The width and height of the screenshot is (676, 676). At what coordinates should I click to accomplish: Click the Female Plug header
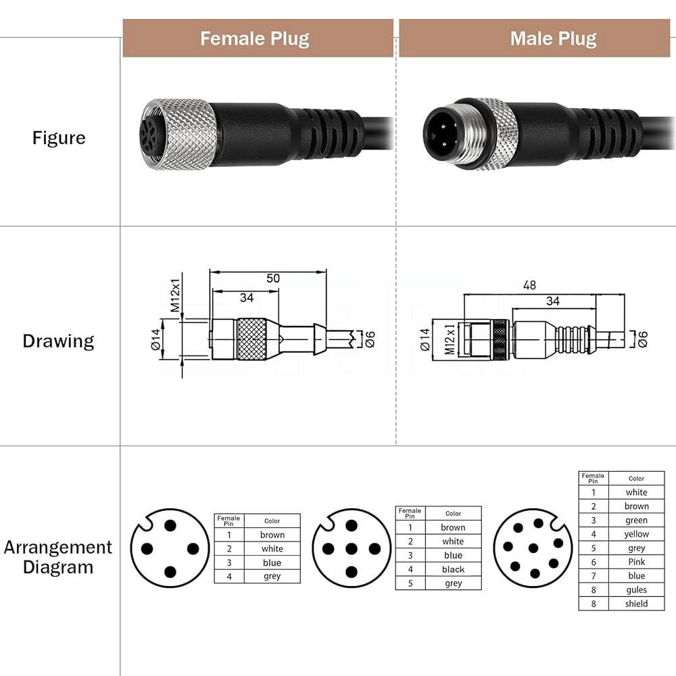point(254,39)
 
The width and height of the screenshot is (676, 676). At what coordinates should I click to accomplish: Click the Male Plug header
point(554,39)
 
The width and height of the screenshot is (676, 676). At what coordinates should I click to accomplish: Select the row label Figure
point(59,138)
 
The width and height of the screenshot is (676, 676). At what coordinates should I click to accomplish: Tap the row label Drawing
point(58,341)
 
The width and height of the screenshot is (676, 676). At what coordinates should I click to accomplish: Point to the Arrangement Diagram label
point(57,557)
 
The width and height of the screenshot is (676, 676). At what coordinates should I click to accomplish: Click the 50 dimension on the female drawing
point(273,278)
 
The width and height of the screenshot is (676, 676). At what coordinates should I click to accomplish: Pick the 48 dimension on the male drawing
point(529,285)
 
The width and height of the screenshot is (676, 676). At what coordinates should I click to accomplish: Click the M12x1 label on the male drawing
point(450,339)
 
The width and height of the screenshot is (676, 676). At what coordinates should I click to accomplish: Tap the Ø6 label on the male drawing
point(642,339)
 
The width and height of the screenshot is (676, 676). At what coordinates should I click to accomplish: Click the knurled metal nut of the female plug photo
point(181,135)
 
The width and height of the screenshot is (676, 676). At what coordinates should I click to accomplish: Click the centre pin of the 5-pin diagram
point(352,549)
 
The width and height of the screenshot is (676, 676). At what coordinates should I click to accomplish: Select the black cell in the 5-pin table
point(453,569)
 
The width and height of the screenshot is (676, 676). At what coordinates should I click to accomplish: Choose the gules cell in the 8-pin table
point(636,589)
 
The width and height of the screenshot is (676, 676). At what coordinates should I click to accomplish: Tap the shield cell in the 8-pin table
point(636,604)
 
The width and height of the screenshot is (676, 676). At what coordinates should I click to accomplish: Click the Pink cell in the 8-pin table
point(636,562)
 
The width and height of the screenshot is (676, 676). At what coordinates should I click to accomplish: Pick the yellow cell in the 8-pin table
point(636,534)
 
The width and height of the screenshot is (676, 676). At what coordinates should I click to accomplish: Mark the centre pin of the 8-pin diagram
point(533,548)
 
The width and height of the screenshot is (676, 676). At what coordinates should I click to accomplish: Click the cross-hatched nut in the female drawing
point(251,339)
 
